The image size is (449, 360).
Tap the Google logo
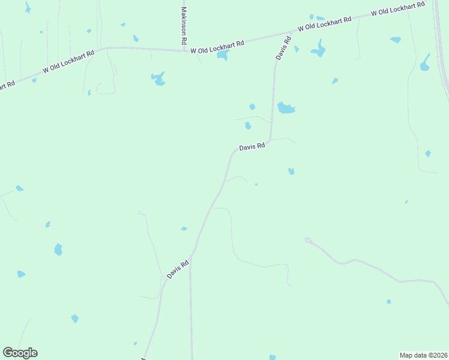[x=20, y=353]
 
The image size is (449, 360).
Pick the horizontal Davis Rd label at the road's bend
[x=252, y=146]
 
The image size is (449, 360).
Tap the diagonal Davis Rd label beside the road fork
[x=178, y=268]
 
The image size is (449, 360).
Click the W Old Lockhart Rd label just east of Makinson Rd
[x=217, y=47]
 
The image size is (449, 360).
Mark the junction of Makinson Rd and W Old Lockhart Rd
[x=184, y=50]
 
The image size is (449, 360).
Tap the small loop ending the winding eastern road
[x=308, y=240]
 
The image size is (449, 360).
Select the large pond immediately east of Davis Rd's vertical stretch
[x=286, y=108]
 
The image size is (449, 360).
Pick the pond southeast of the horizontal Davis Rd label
[x=291, y=172]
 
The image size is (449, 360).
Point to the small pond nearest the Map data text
[x=389, y=301]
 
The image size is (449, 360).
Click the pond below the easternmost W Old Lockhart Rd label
[x=395, y=40]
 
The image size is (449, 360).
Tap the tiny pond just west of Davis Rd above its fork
[x=184, y=229]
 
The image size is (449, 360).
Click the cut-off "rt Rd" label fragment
[x=7, y=86]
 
